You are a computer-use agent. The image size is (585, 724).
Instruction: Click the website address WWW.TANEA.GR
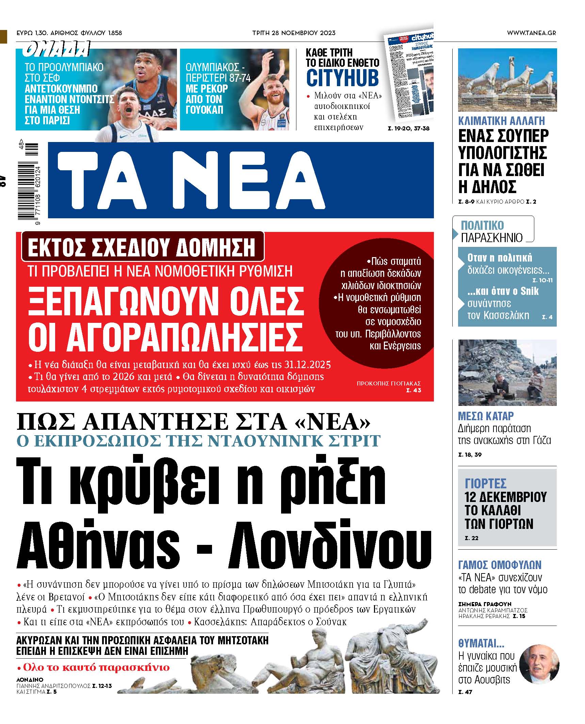[531, 33]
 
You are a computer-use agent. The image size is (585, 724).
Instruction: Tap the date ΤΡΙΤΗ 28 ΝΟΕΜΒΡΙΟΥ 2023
[294, 33]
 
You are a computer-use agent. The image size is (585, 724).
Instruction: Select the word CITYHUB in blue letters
[342, 78]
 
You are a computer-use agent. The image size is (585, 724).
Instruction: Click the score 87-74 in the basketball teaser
[240, 78]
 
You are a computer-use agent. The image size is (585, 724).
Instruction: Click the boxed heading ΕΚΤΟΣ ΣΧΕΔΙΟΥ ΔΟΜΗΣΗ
[142, 248]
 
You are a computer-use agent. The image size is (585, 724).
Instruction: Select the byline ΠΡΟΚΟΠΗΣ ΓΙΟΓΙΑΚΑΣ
[389, 383]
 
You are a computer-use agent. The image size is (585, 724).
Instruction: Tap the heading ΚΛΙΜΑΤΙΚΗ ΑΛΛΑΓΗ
[501, 121]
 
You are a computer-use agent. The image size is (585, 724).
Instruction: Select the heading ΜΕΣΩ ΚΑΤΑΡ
[486, 416]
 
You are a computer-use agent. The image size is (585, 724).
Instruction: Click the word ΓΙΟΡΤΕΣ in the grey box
[485, 483]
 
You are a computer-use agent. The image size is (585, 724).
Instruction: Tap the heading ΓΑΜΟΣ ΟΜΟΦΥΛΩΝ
[500, 566]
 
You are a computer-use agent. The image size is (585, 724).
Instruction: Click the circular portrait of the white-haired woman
[539, 663]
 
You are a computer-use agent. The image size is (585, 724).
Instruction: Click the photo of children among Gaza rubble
[507, 373]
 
